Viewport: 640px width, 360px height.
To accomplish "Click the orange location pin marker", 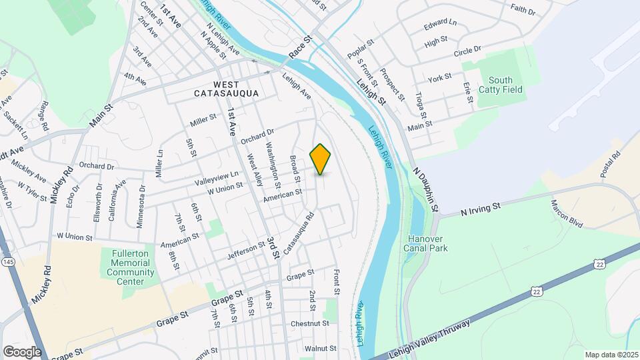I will tap(321, 159).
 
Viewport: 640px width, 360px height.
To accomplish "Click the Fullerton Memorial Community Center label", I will tap(131, 267).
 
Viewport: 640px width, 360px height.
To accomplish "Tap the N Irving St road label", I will tap(480, 209).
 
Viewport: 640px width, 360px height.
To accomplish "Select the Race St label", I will tap(301, 47).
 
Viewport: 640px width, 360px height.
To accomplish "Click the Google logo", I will tap(22, 351).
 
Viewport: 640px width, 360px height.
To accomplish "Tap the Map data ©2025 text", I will tap(611, 355).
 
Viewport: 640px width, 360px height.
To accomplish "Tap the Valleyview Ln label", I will tap(217, 179).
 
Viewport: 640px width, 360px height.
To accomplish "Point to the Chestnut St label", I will tap(310, 324).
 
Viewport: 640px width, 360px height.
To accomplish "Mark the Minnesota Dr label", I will tap(141, 207).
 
